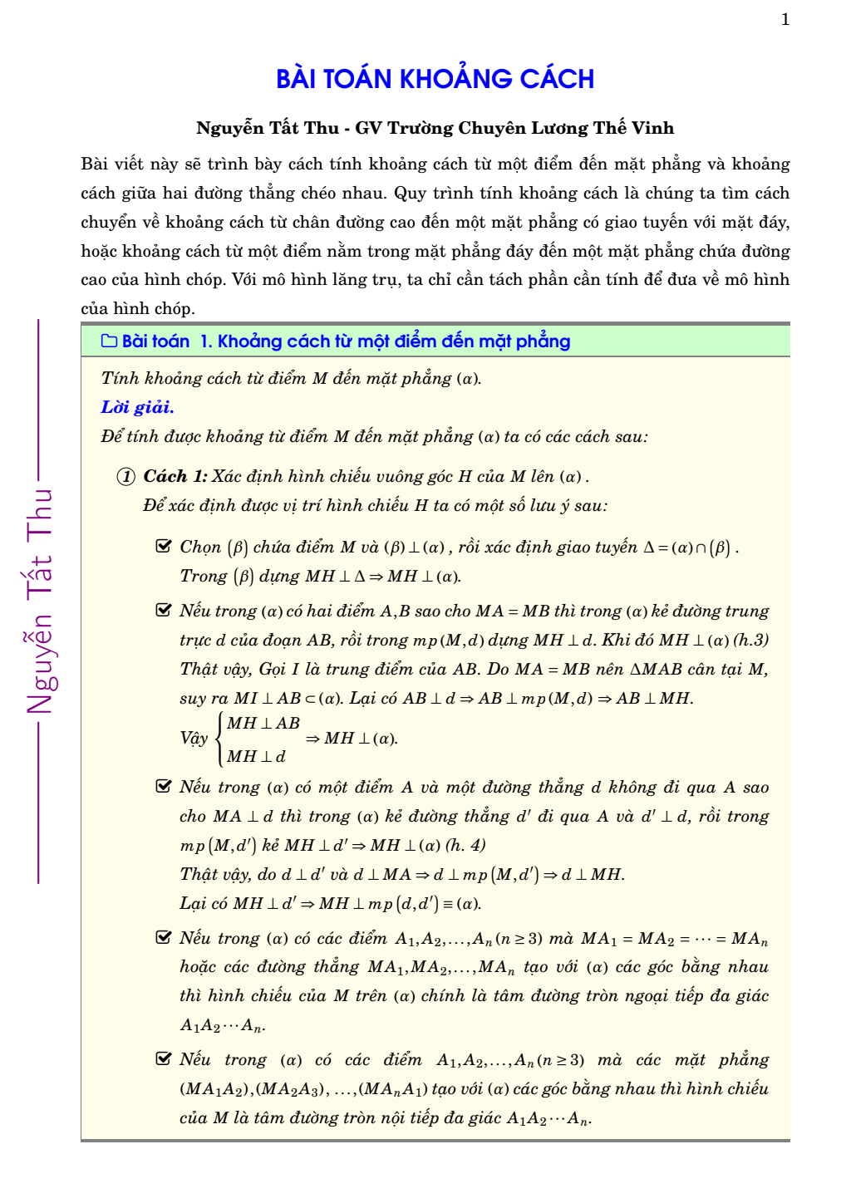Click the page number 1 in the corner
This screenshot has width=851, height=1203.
(x=785, y=20)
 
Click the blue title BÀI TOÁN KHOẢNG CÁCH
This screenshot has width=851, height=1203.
(x=435, y=79)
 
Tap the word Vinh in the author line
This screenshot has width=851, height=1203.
(x=652, y=128)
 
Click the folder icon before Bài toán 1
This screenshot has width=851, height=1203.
(x=109, y=341)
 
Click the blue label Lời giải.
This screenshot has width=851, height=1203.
(x=137, y=407)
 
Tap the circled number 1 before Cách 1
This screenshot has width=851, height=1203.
(x=125, y=477)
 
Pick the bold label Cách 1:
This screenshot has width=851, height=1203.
(x=175, y=476)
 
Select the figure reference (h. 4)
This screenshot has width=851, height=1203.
(x=465, y=845)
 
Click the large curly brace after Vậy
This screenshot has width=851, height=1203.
(x=219, y=739)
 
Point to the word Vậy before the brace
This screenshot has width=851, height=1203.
(x=194, y=739)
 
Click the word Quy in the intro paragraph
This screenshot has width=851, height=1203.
(x=409, y=193)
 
